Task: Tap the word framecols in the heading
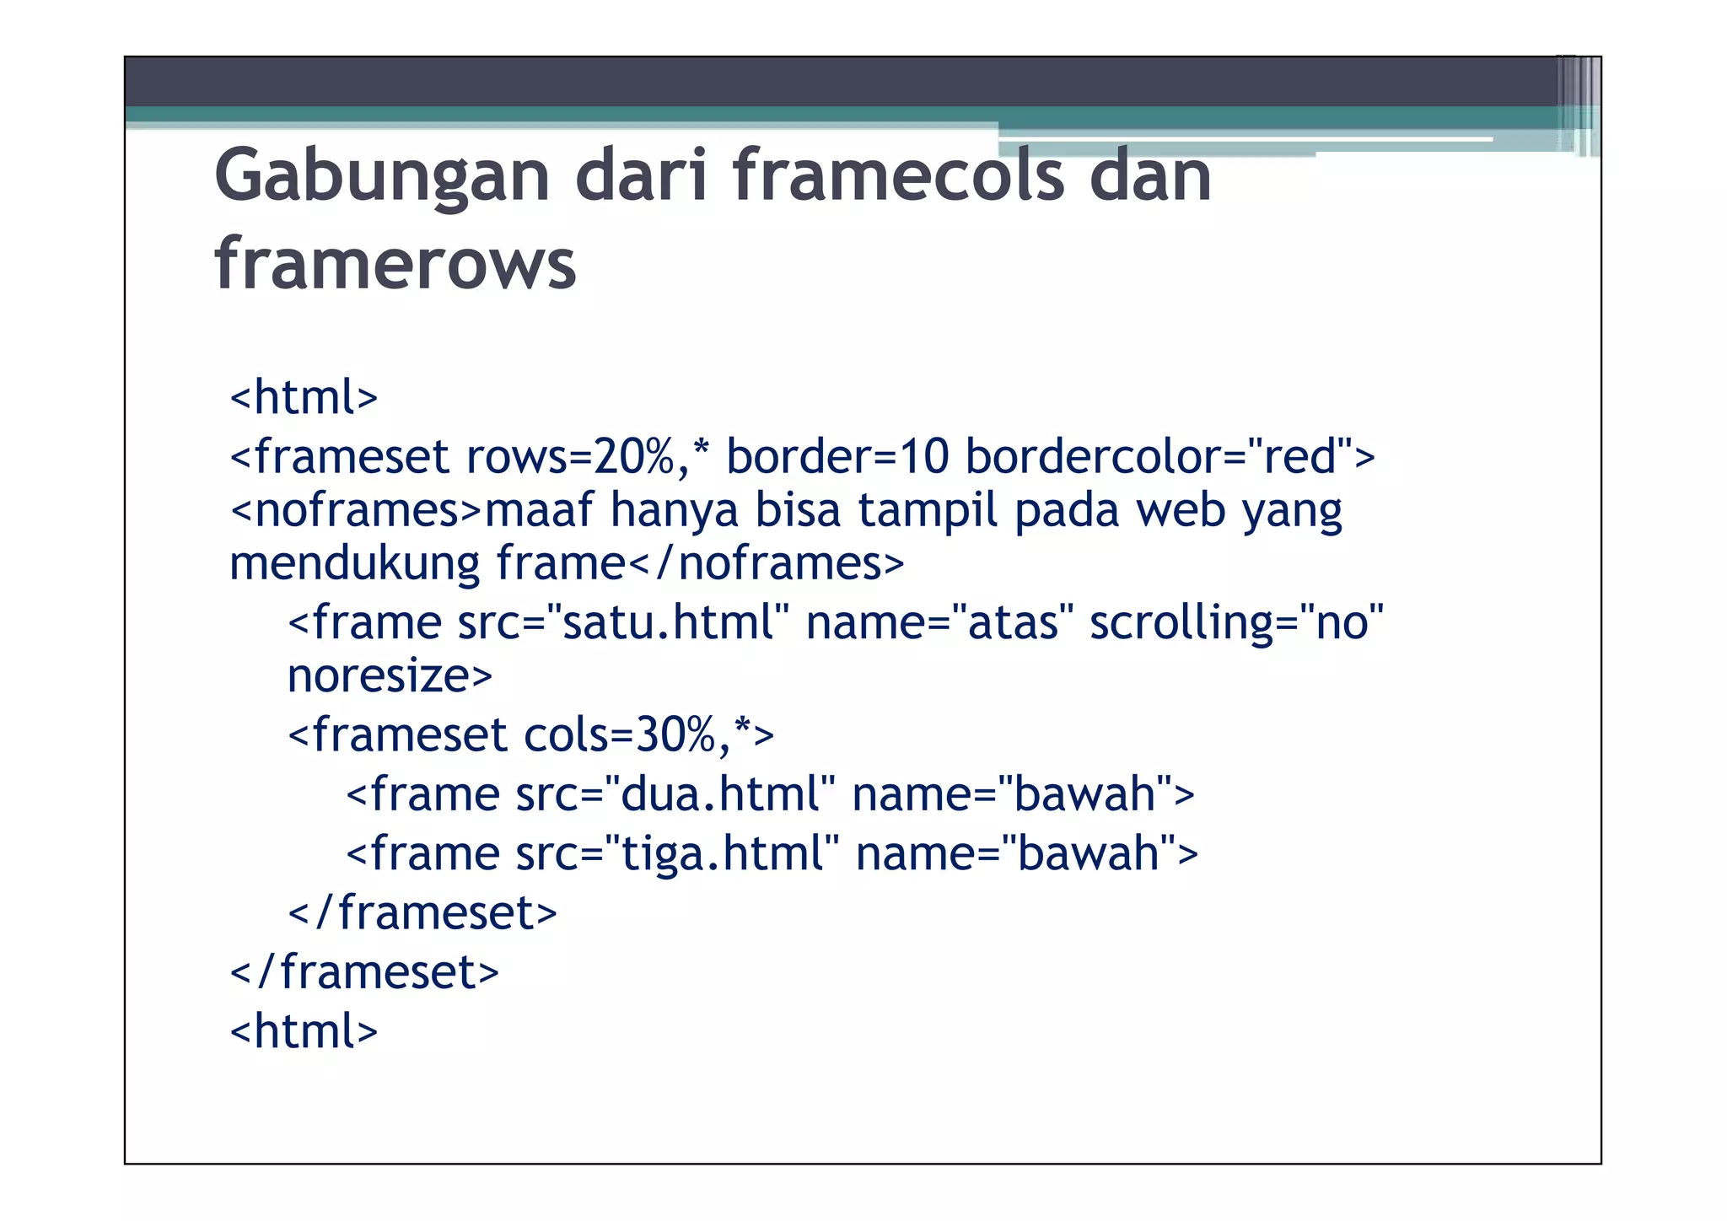click(x=899, y=175)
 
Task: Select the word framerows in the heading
click(x=395, y=264)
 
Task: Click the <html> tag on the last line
click(x=304, y=1031)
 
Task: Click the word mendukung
click(x=354, y=563)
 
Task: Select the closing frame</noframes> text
click(x=700, y=563)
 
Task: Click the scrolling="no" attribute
click(x=1236, y=623)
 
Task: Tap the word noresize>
click(x=390, y=675)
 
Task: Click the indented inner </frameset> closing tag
click(x=422, y=913)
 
